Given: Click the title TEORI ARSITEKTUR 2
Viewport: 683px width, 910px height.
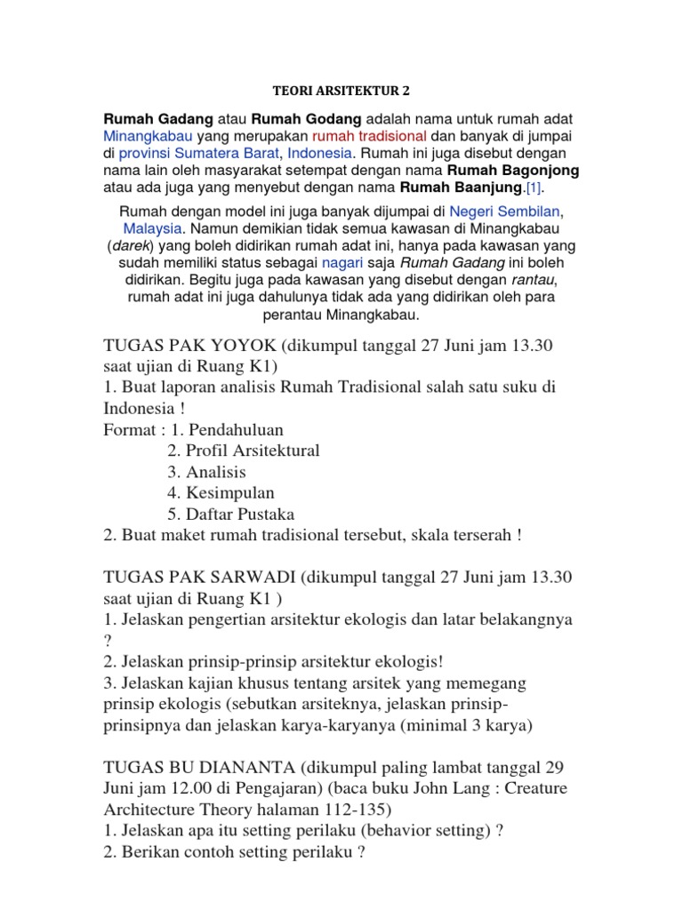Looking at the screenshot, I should point(341,91).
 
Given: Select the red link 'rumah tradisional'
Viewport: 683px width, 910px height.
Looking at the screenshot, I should point(369,135).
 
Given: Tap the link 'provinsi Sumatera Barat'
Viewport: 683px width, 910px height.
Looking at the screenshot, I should point(196,152).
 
